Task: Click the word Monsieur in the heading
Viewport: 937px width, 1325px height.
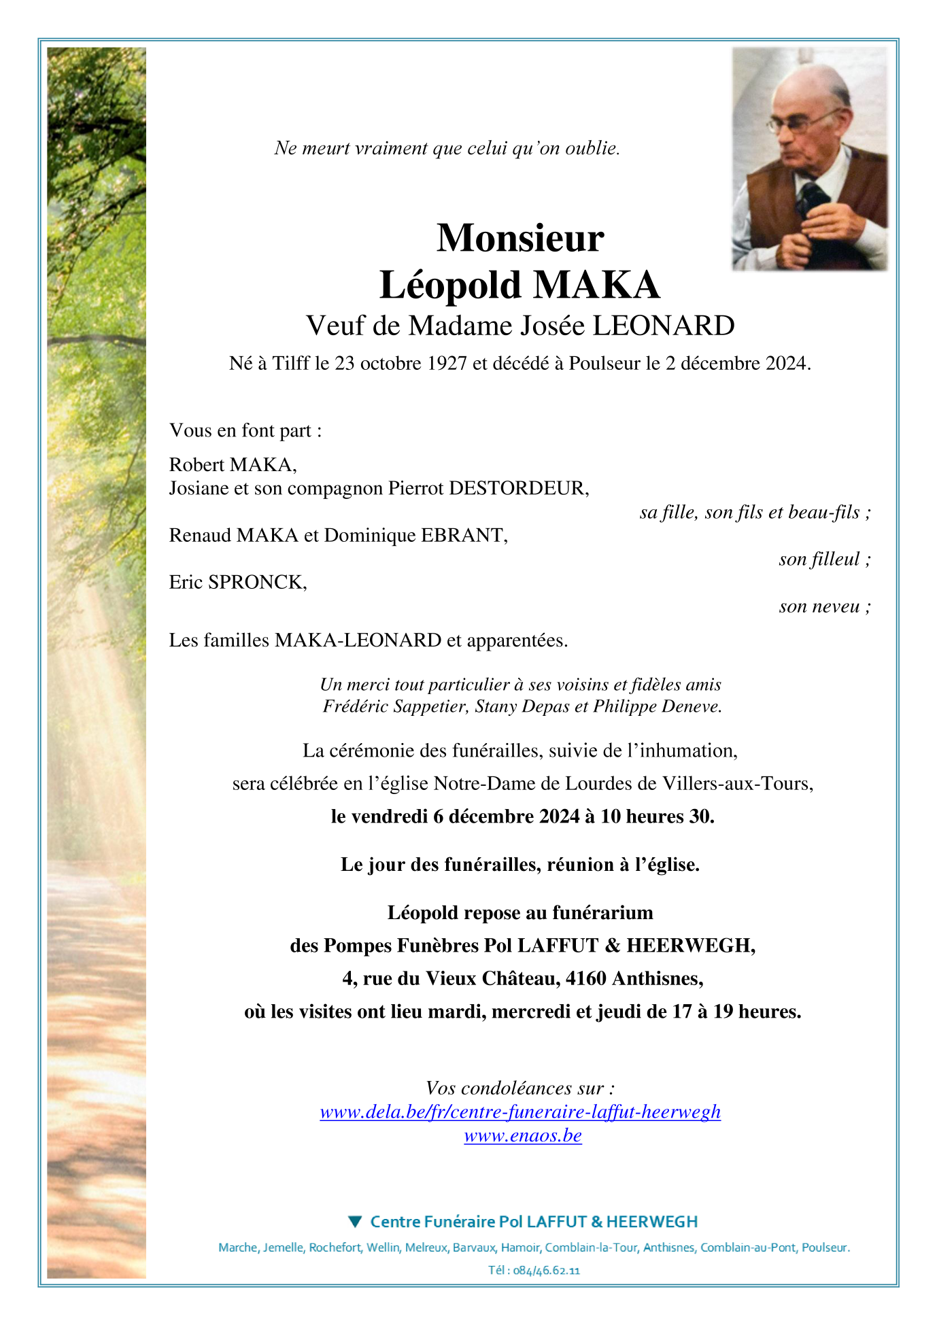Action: (520, 239)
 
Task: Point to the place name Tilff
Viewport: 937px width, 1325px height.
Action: (291, 364)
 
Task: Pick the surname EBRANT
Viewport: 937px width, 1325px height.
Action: (464, 536)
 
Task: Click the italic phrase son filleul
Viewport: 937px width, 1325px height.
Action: (819, 560)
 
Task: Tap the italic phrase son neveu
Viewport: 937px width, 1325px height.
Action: (819, 606)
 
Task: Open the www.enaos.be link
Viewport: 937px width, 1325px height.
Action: (523, 1136)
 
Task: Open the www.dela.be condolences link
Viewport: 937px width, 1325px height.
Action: (520, 1112)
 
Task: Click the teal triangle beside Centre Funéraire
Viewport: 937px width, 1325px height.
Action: (355, 1222)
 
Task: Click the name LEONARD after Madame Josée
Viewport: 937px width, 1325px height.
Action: (664, 326)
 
